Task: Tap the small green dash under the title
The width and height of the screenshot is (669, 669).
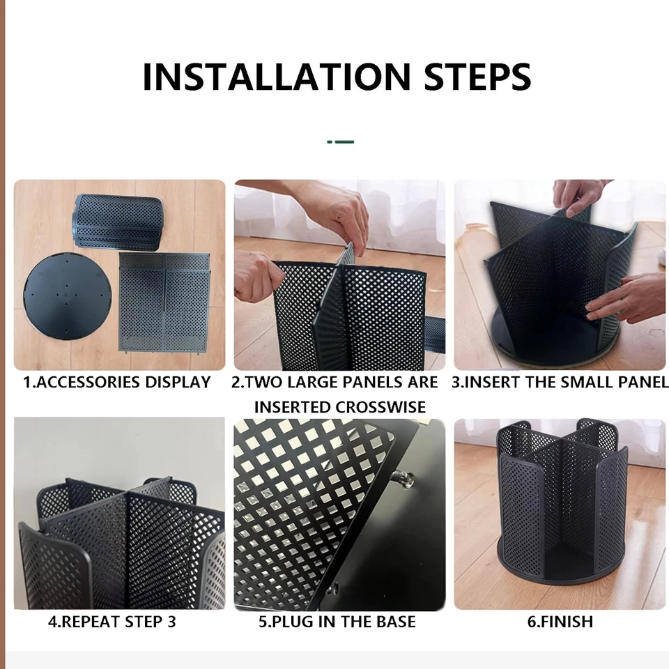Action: coord(341,141)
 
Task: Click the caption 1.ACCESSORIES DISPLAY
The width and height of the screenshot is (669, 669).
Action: coord(117,383)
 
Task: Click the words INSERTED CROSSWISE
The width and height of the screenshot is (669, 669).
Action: coord(339,407)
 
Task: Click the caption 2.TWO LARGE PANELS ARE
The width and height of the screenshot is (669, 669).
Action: coord(335,383)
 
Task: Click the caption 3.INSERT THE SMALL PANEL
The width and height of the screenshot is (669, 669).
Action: coord(560,383)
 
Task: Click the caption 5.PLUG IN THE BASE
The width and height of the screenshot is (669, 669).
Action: coord(337,622)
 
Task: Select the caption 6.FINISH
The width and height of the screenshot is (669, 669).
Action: coord(560,622)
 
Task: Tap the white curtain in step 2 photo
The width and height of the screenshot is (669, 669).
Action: coord(411,209)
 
